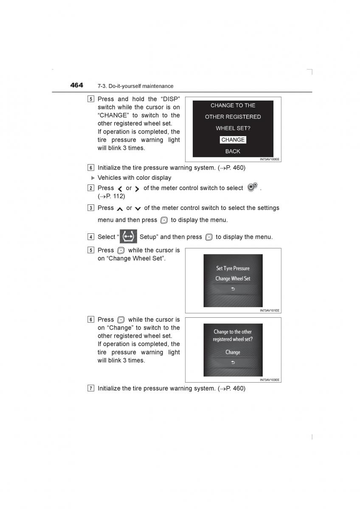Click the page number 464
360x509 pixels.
pyautogui.click(x=77, y=85)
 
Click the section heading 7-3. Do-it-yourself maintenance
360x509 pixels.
pyautogui.click(x=135, y=86)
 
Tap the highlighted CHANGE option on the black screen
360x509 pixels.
pyautogui.click(x=233, y=140)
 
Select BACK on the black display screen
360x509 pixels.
pyautogui.click(x=233, y=151)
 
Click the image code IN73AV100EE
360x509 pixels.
pyautogui.click(x=270, y=159)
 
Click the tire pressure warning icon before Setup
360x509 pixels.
pyautogui.click(x=128, y=236)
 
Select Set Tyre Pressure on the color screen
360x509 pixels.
pyautogui.click(x=233, y=268)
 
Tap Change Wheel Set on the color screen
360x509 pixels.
pyautogui.click(x=233, y=279)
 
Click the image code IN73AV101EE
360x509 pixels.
pyautogui.click(x=270, y=310)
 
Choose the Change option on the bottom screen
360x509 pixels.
pyautogui.click(x=233, y=352)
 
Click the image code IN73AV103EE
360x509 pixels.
pyautogui.click(x=270, y=380)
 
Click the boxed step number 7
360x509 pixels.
pyautogui.click(x=91, y=388)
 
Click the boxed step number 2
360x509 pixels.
pyautogui.click(x=91, y=188)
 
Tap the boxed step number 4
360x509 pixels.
pyautogui.click(x=91, y=237)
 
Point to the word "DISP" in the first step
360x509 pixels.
pyautogui.click(x=169, y=99)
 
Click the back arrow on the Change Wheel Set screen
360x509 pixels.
pyautogui.click(x=233, y=289)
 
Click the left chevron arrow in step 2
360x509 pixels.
pyautogui.click(x=120, y=188)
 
